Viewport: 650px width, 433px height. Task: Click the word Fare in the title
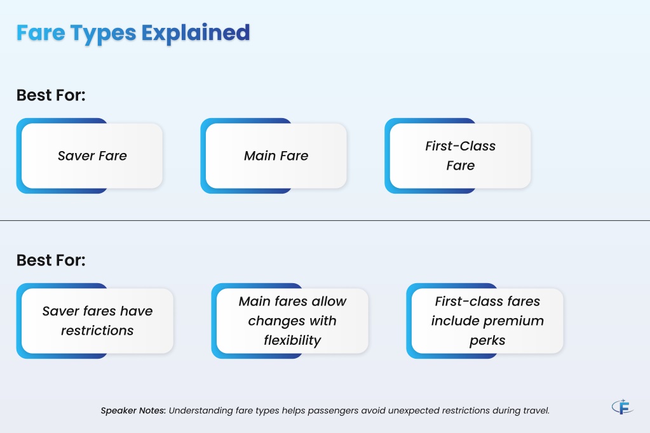click(x=41, y=33)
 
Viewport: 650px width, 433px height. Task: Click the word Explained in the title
click(x=196, y=33)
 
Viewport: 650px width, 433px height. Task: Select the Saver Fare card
click(x=90, y=156)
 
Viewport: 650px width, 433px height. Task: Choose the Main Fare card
click(x=274, y=156)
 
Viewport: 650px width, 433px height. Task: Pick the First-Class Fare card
click(x=457, y=156)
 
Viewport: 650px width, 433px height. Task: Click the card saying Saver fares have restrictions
click(x=95, y=321)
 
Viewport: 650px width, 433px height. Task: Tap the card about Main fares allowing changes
click(x=290, y=321)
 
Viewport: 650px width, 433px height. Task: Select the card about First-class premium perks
click(x=485, y=321)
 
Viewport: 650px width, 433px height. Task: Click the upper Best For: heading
click(x=51, y=95)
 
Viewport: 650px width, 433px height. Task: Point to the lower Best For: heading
click(x=51, y=260)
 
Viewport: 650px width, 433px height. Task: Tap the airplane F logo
click(x=623, y=406)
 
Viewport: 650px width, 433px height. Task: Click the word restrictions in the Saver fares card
click(x=97, y=331)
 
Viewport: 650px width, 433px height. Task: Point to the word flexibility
click(x=292, y=340)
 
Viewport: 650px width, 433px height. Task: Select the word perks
click(x=487, y=341)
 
